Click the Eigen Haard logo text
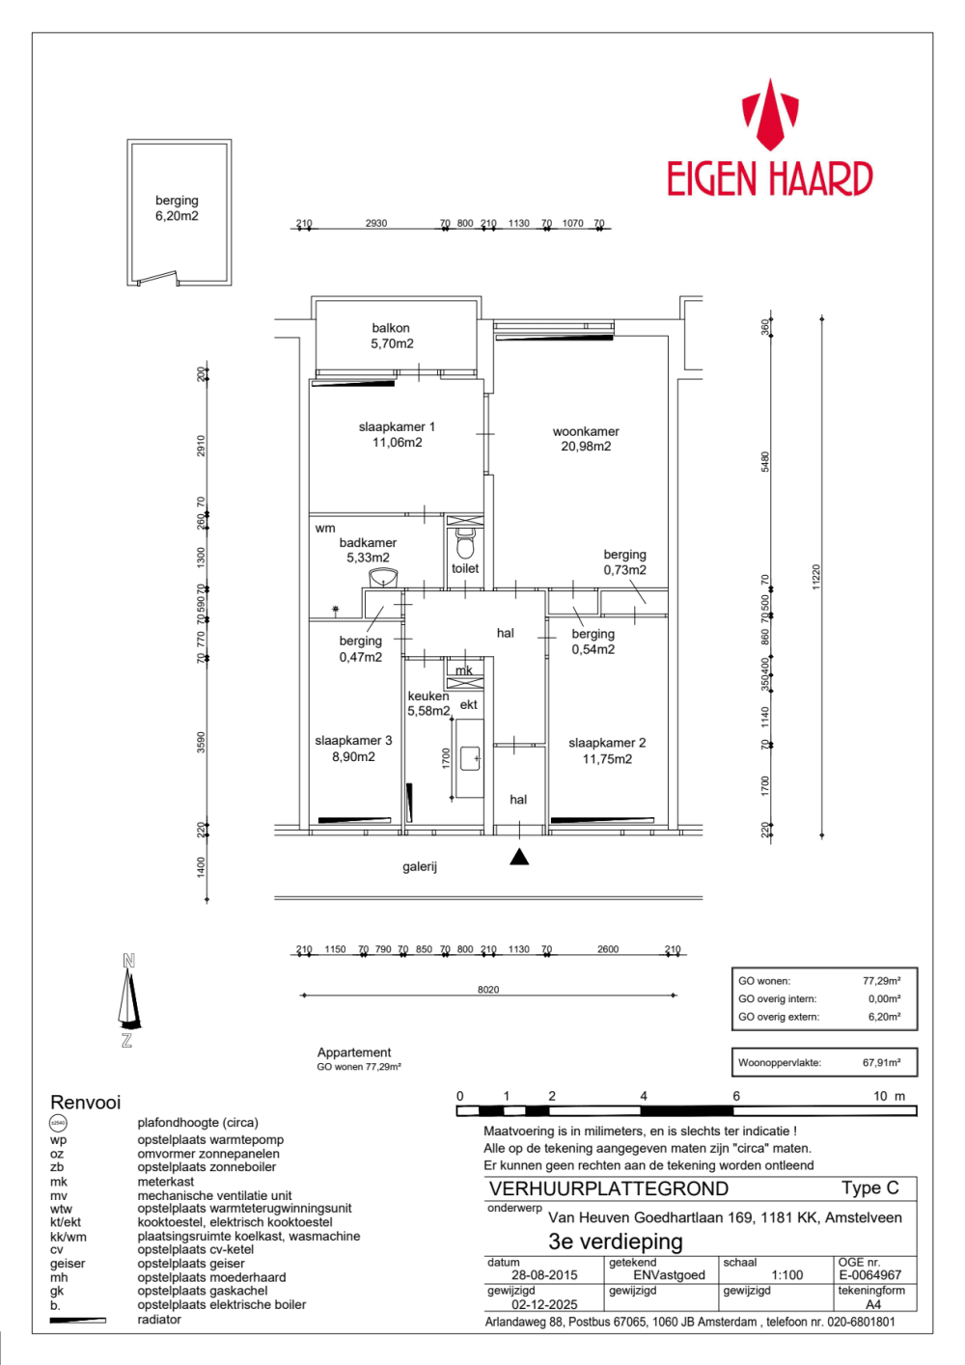point(769,179)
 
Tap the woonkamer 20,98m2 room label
point(586,439)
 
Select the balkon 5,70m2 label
point(392,336)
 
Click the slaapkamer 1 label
point(397,434)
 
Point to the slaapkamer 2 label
point(607,751)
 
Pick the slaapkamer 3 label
point(353,749)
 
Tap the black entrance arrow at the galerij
point(519,857)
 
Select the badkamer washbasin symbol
point(383,578)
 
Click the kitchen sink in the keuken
point(470,758)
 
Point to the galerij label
point(420,866)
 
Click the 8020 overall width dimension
point(488,990)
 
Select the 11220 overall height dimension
point(816,577)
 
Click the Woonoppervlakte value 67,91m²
point(881,1062)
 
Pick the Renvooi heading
point(86,1103)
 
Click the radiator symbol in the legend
point(77,1320)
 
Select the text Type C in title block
point(869,1188)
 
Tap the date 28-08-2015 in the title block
point(544,1274)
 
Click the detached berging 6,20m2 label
point(177,208)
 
